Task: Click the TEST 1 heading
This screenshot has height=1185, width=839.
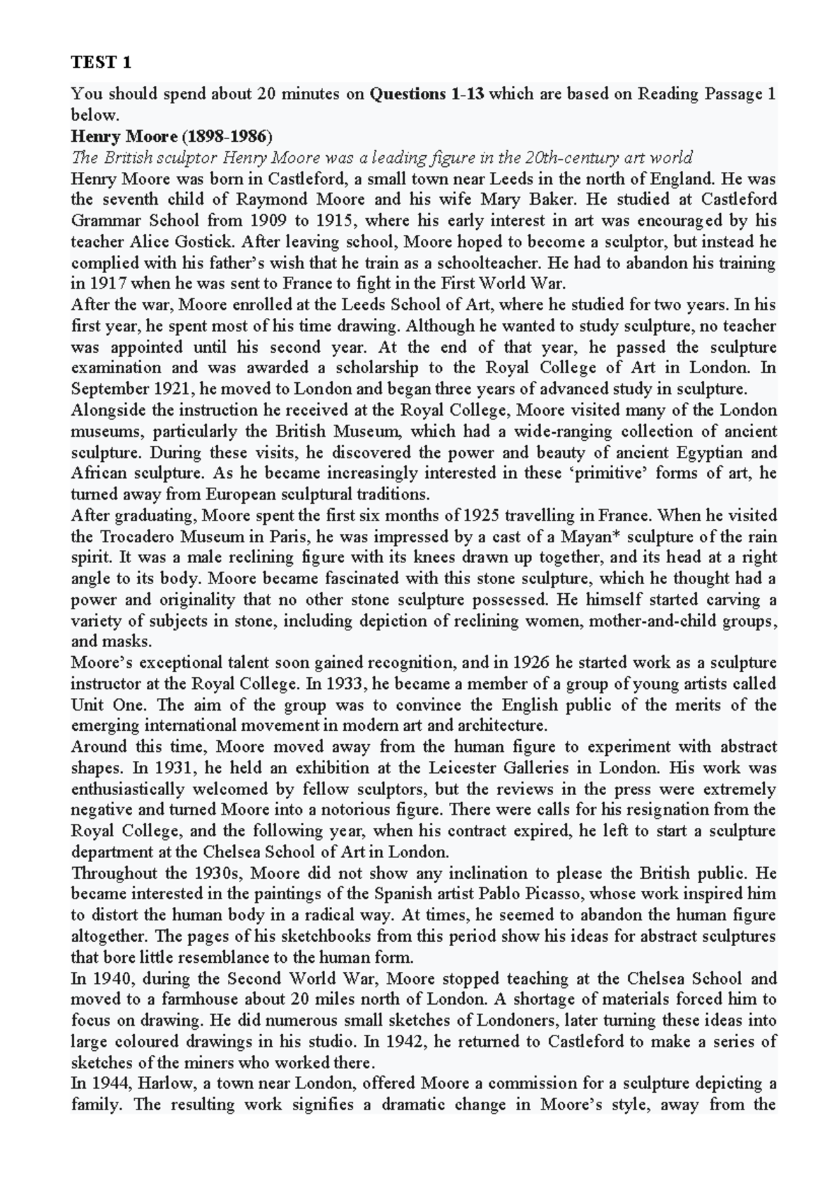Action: [x=101, y=63]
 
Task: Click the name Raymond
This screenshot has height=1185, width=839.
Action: [x=272, y=200]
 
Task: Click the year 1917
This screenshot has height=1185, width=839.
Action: [x=106, y=284]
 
